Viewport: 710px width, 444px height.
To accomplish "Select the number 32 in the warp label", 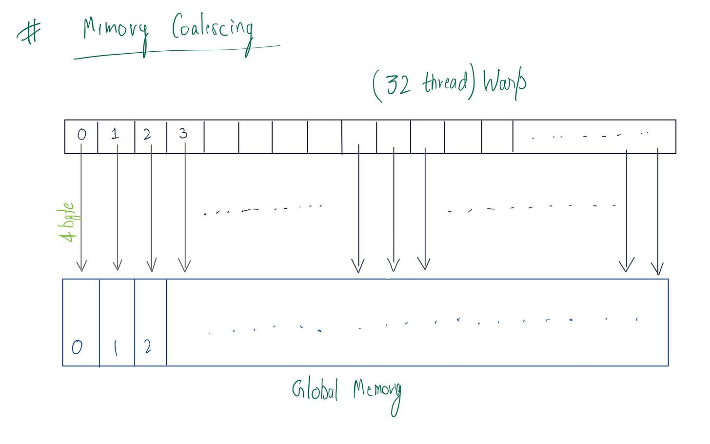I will (x=398, y=84).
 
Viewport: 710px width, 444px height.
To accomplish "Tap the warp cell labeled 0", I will (x=81, y=136).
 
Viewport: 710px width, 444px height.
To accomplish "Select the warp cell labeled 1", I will (x=116, y=136).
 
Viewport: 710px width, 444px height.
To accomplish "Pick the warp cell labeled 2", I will (x=150, y=136).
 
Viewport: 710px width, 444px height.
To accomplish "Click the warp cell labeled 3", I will (x=184, y=136).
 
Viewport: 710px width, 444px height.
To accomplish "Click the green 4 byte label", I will (x=68, y=222).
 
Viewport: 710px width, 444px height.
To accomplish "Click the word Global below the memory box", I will (x=315, y=390).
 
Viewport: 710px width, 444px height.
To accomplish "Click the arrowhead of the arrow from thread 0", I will (x=81, y=266).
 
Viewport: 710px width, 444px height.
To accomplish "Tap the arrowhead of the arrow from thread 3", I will (x=184, y=266).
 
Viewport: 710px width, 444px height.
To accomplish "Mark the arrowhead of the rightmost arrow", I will (x=657, y=270).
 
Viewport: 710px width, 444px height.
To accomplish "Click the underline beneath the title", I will (x=176, y=52).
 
